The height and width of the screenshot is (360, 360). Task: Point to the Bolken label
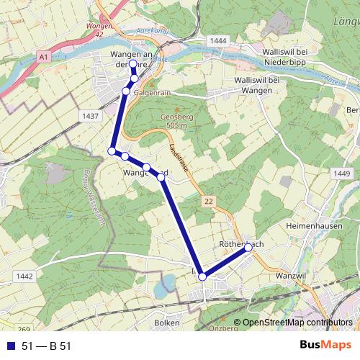(x=166, y=323)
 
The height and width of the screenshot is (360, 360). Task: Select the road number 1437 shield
(x=90, y=116)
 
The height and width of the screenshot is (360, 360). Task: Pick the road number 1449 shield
(x=343, y=173)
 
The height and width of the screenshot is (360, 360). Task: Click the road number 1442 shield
(x=24, y=276)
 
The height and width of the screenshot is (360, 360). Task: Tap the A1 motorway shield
(x=44, y=55)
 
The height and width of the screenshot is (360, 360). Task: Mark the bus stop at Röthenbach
(x=248, y=248)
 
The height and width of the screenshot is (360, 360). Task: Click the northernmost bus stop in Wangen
(x=133, y=64)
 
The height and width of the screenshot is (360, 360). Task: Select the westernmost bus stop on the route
(x=112, y=150)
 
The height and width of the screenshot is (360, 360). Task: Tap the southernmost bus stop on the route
(x=202, y=276)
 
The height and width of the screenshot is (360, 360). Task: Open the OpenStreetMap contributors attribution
(x=297, y=323)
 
